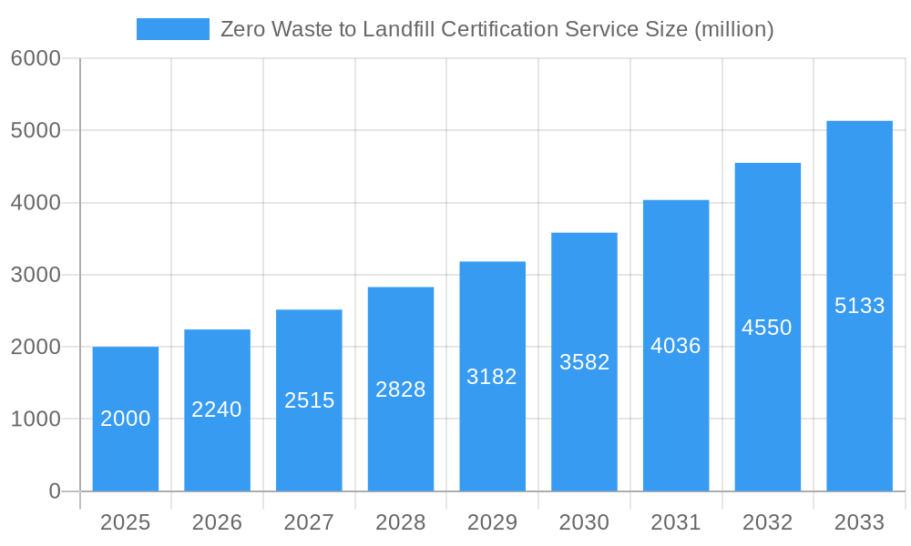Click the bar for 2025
(x=126, y=419)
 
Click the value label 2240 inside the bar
(x=217, y=409)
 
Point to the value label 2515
(x=310, y=400)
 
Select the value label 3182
(x=492, y=377)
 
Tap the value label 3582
(x=584, y=362)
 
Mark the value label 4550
(x=767, y=328)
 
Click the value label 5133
(x=859, y=306)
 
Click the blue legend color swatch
(x=173, y=29)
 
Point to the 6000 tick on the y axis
(x=36, y=58)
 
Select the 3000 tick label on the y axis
(x=36, y=275)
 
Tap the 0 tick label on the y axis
(x=54, y=491)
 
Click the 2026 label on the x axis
(x=217, y=522)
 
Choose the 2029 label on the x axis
(x=492, y=522)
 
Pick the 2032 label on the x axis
(x=767, y=522)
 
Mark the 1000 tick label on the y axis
(x=36, y=420)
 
